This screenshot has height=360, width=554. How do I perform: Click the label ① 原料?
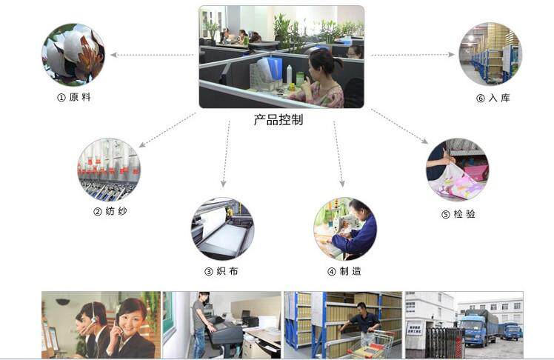pos(74,97)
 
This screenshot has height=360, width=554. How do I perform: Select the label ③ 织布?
pos(221,271)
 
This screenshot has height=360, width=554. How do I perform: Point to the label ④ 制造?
pos(344,271)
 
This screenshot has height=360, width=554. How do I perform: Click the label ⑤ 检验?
pos(458,214)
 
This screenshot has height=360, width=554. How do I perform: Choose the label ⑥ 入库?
pos(493,98)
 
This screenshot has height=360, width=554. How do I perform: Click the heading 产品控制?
pos(278,119)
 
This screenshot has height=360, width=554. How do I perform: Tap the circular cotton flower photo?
pos(73,54)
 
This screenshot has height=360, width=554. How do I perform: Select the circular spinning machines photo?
pos(109,169)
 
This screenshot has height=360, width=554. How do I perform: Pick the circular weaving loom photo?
pos(222,228)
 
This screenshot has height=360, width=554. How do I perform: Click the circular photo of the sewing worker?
pos(344,228)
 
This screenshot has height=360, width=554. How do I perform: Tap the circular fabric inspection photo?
pos(457,170)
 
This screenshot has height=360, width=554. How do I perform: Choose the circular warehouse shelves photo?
pos(490,53)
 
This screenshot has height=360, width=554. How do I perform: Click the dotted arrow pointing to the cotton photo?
pos(152,55)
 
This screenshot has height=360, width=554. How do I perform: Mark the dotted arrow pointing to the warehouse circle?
pos(412,55)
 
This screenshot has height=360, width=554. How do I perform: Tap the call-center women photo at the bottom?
pos(101,325)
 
